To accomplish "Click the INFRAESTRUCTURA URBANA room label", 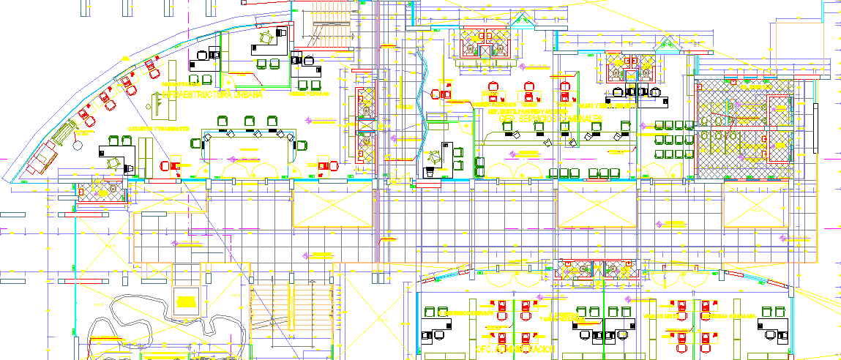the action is tap(212, 94).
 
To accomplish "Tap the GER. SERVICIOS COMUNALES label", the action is tap(550, 118).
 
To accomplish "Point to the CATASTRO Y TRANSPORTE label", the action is tap(158, 129).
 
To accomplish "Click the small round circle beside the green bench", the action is tap(77, 146).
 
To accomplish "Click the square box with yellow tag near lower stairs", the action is tap(187, 299).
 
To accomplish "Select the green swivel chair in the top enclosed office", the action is tap(266, 34).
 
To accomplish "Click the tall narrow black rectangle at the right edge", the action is tap(815, 127).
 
